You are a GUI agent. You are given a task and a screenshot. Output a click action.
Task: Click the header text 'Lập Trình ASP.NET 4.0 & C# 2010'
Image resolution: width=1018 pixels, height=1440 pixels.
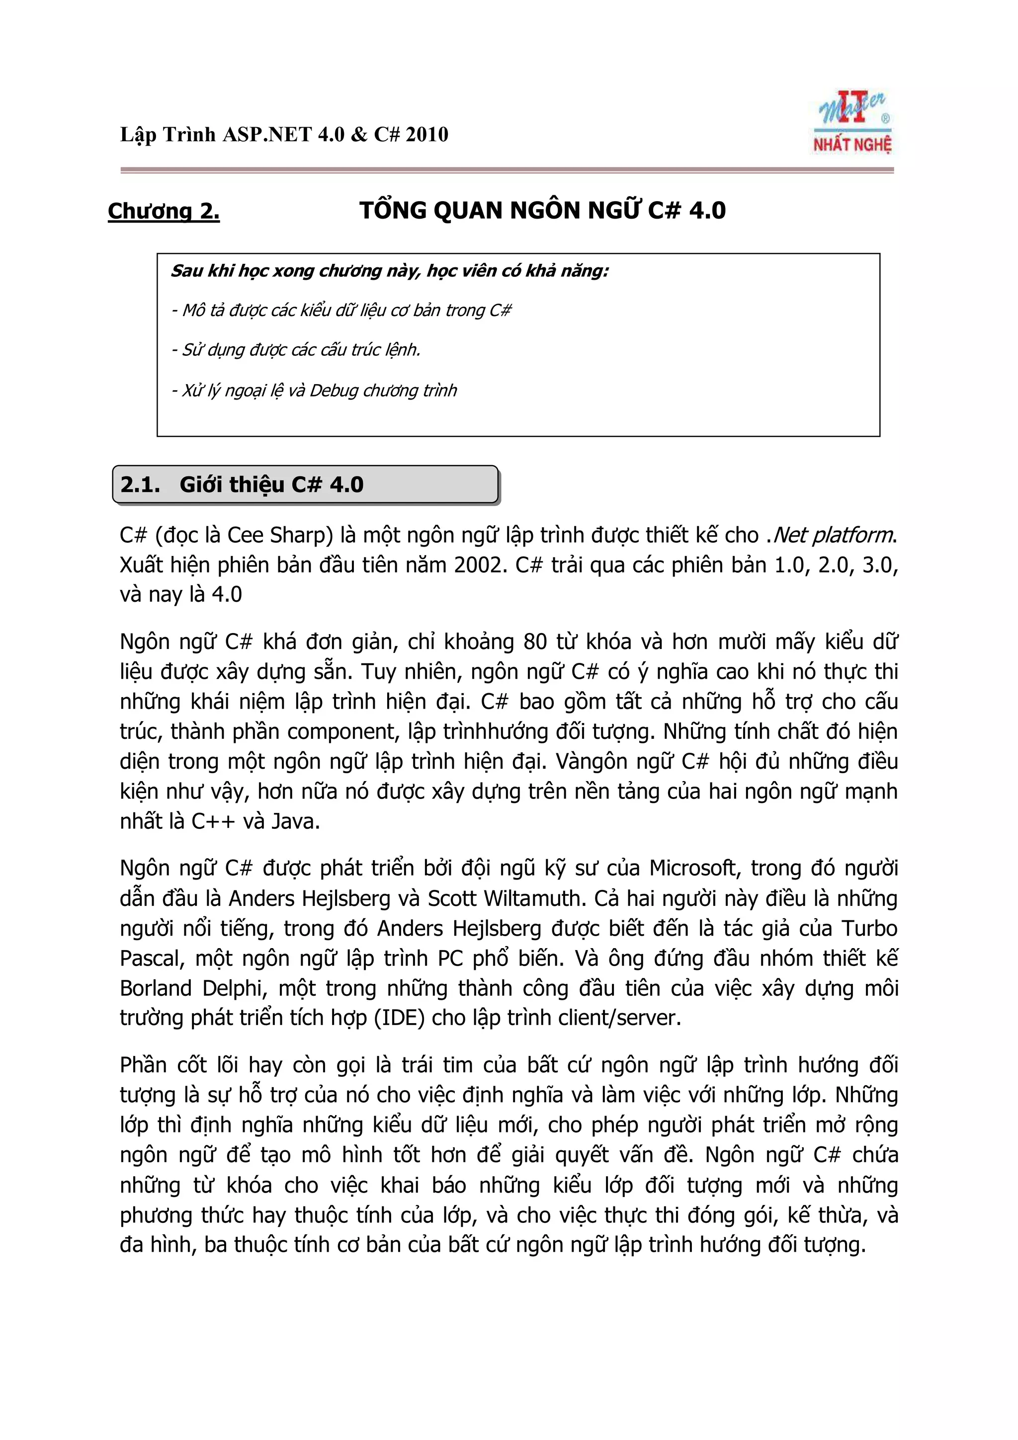284,135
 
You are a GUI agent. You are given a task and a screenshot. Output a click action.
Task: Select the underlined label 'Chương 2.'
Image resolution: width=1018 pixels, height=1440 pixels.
164,211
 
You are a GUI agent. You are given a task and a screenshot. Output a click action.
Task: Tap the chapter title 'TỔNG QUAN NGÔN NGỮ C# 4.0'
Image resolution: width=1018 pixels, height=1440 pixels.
543,211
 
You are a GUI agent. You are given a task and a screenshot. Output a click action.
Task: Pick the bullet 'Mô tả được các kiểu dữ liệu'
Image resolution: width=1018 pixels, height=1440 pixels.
342,311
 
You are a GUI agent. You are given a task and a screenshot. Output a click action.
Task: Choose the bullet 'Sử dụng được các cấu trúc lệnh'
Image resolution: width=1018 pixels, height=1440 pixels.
297,350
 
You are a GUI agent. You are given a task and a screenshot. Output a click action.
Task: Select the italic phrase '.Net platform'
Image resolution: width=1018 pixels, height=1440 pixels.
831,535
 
